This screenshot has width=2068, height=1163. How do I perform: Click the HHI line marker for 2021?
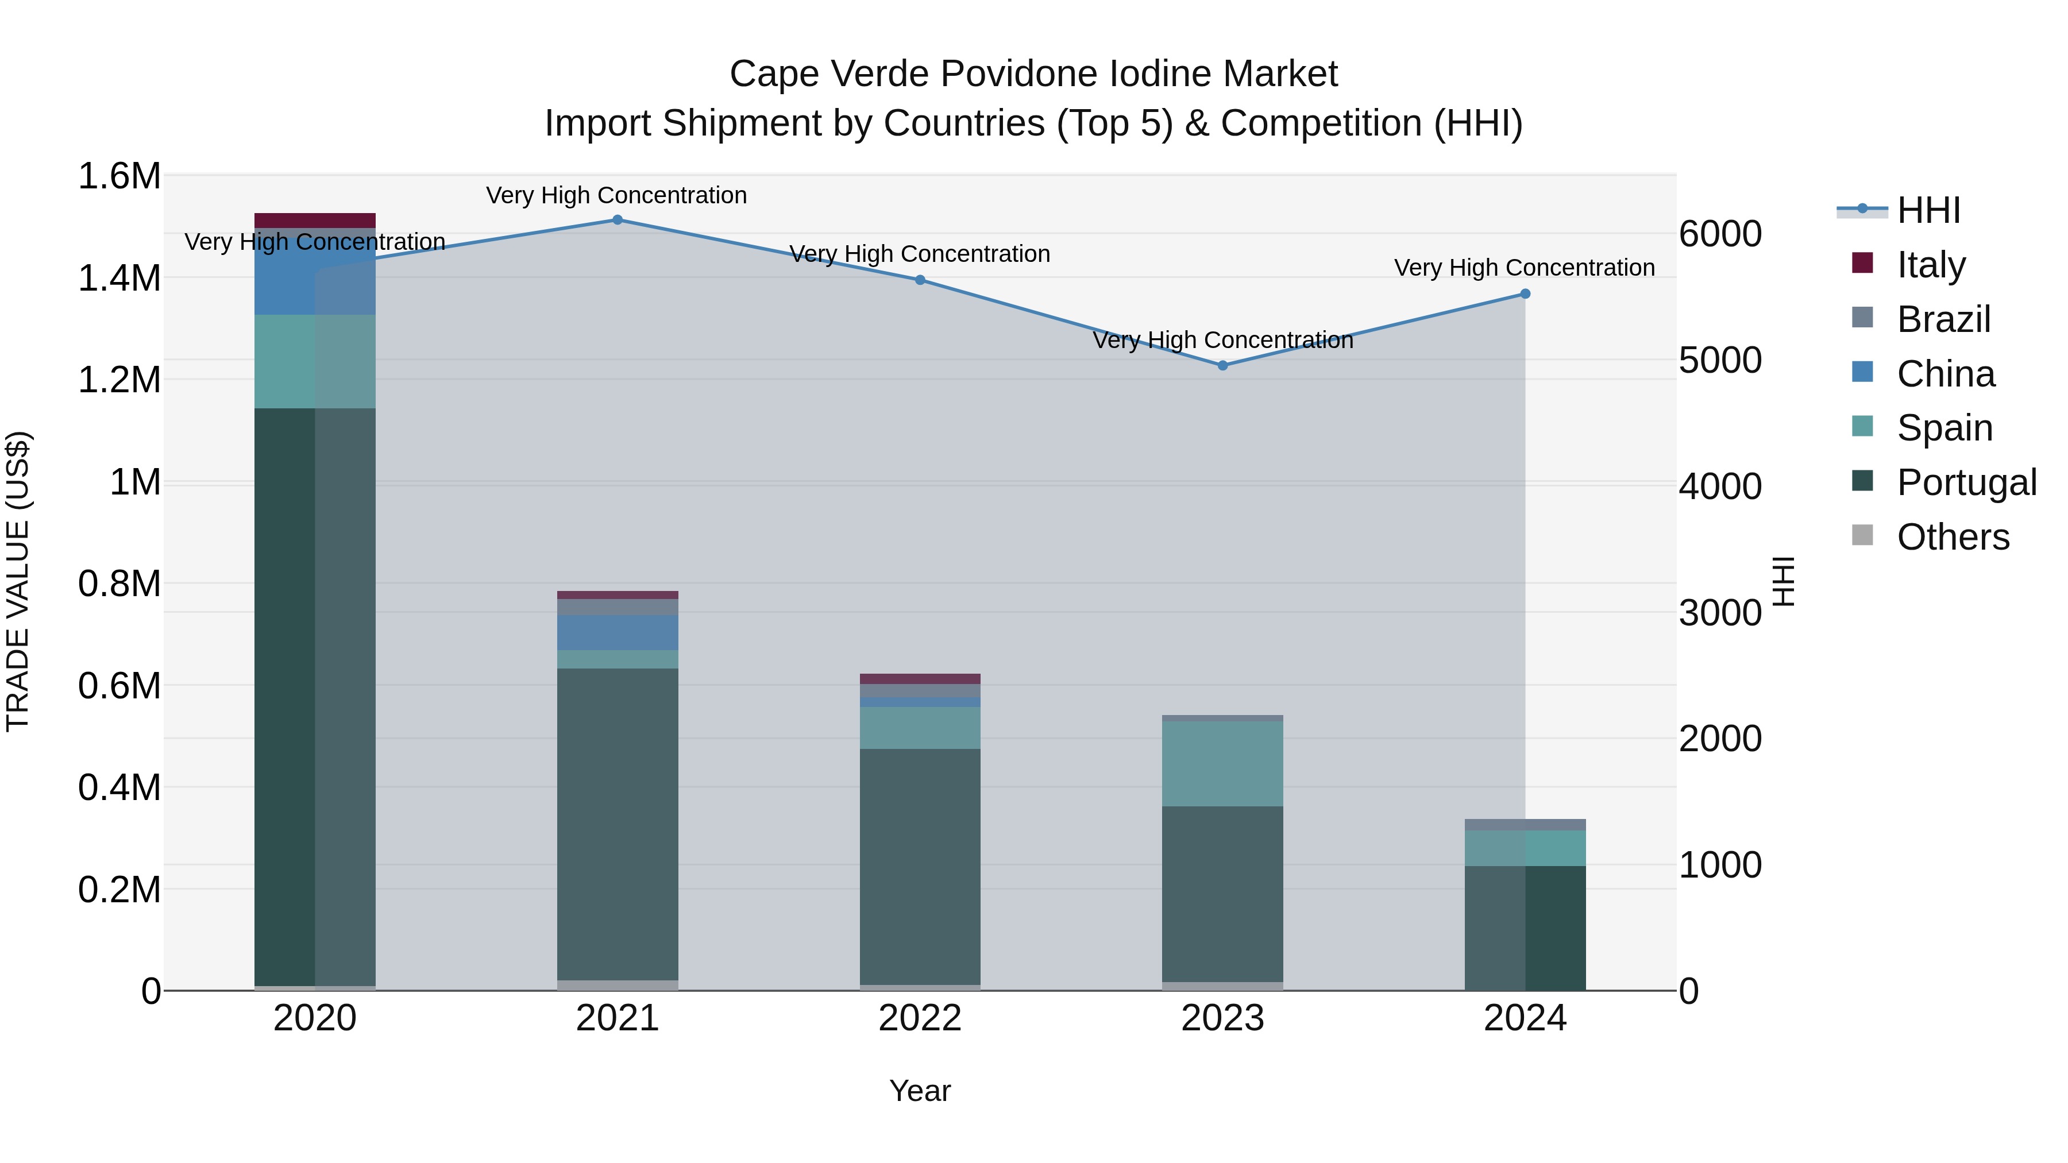point(618,220)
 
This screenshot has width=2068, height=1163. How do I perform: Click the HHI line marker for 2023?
point(1222,365)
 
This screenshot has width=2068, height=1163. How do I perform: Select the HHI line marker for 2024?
point(1525,293)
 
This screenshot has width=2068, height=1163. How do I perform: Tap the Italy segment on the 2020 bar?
point(315,221)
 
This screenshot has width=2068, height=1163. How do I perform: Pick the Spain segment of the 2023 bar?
point(1222,763)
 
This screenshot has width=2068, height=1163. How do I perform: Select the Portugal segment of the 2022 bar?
point(920,867)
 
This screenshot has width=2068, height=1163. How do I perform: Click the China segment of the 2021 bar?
point(618,632)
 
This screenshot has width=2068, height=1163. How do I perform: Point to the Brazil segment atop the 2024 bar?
point(1525,825)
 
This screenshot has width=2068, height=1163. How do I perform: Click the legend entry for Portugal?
point(1966,482)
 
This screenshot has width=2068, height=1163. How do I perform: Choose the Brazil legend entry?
point(1943,319)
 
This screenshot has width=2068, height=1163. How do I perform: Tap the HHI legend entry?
point(1927,210)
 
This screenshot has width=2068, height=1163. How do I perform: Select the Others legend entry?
point(1953,537)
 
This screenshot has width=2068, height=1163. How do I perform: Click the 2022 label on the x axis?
point(920,1018)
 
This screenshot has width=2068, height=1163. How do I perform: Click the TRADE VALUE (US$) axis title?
point(18,581)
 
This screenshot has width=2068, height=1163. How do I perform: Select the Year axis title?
point(920,1091)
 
